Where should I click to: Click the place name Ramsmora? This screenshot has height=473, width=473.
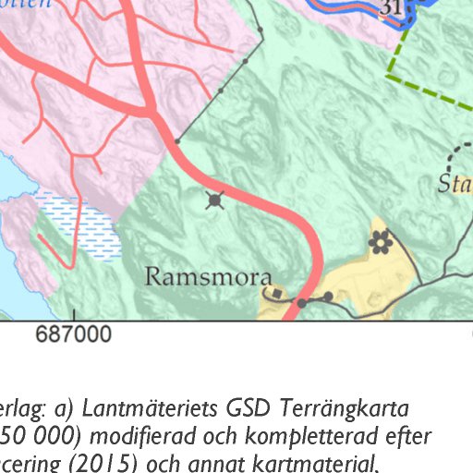(x=208, y=278)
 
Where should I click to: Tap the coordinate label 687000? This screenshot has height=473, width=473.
(x=74, y=334)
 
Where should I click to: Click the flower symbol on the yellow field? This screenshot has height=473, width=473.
(x=379, y=242)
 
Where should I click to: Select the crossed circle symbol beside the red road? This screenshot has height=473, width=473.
(x=215, y=200)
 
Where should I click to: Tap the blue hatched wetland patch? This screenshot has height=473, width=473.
(x=79, y=226)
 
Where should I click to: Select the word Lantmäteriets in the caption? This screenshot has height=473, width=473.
(x=119, y=407)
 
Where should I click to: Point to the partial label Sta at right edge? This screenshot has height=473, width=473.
(x=455, y=182)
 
